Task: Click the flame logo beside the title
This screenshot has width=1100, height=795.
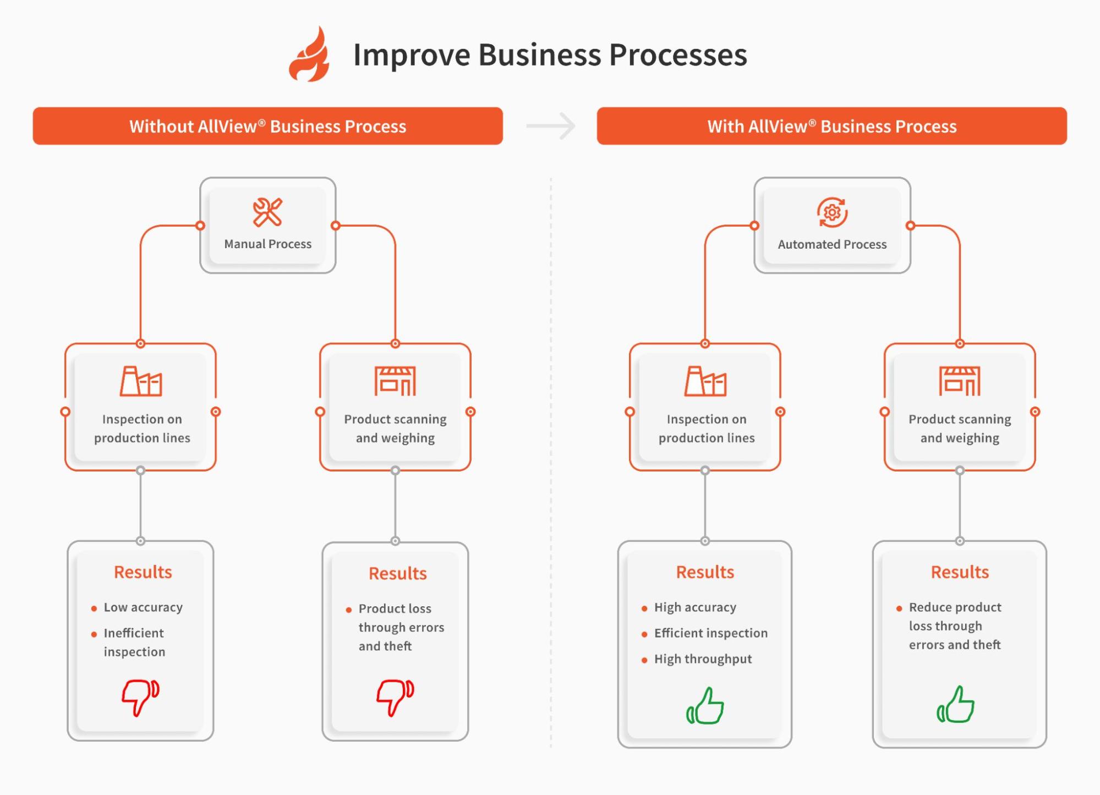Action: pyautogui.click(x=309, y=55)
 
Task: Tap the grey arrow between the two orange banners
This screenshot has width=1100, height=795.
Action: pyautogui.click(x=551, y=126)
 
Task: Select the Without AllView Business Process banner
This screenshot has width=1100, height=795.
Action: pyautogui.click(x=267, y=126)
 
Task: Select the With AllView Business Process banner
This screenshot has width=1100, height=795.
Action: pyautogui.click(x=831, y=126)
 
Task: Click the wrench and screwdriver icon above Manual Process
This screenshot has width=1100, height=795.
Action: pyautogui.click(x=267, y=212)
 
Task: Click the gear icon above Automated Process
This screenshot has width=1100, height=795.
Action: pyautogui.click(x=832, y=212)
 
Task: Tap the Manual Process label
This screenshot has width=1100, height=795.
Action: pyautogui.click(x=267, y=244)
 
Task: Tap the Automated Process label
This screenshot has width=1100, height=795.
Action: pyautogui.click(x=832, y=244)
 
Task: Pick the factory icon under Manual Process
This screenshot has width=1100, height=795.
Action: pyautogui.click(x=141, y=381)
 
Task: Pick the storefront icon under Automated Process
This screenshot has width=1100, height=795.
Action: pyautogui.click(x=960, y=381)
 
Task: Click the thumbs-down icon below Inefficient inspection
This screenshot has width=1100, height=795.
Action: pyautogui.click(x=140, y=697)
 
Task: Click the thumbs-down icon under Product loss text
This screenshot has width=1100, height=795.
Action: pyautogui.click(x=395, y=697)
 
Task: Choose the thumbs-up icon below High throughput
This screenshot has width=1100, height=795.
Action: pyautogui.click(x=705, y=706)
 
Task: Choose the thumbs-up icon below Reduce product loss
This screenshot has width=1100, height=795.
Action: pyautogui.click(x=956, y=705)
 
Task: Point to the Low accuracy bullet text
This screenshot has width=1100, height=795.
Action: pyautogui.click(x=143, y=607)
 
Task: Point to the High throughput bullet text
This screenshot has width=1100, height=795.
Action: pyautogui.click(x=703, y=659)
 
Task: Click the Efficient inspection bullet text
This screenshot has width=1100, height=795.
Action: pyautogui.click(x=710, y=633)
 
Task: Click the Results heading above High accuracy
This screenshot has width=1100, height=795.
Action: pyautogui.click(x=705, y=572)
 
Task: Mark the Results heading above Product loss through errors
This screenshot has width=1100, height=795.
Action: pyautogui.click(x=397, y=573)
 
